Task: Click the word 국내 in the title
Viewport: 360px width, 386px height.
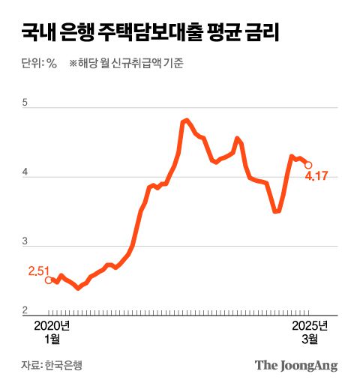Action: click(37, 32)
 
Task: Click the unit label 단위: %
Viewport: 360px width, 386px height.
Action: click(40, 64)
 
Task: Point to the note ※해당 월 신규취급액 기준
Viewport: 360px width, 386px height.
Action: click(127, 64)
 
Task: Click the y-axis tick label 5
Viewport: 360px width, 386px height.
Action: click(25, 104)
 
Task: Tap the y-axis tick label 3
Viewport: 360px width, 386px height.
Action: click(25, 241)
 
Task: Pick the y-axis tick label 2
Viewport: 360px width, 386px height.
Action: click(25, 310)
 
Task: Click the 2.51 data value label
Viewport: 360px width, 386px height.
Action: click(38, 270)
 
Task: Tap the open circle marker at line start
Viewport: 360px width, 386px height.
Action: click(49, 280)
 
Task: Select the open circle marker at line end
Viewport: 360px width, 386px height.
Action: click(308, 166)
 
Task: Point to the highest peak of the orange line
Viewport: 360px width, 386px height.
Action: click(186, 120)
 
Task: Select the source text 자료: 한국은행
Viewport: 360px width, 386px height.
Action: click(52, 366)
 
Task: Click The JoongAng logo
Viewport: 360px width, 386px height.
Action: click(296, 366)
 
